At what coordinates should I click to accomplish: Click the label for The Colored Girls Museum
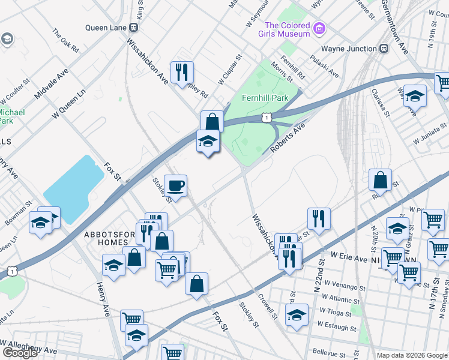point(287,29)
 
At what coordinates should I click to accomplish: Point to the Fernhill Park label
point(264,98)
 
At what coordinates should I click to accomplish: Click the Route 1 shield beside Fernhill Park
point(265,118)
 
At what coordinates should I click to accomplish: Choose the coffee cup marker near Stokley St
point(175,186)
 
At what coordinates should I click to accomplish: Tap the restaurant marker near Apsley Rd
point(182,73)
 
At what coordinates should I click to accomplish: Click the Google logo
point(20,352)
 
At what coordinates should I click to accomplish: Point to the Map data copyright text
point(411,355)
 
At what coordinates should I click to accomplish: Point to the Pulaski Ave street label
point(324,67)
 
